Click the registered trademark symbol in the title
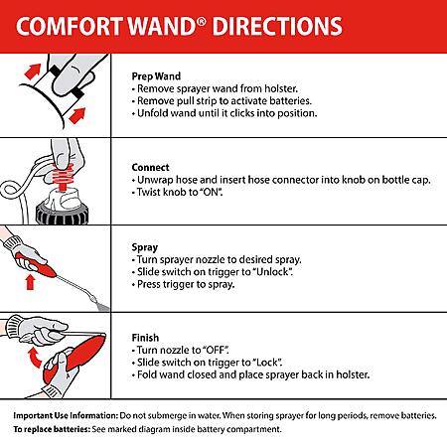(x=201, y=23)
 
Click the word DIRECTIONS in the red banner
(x=277, y=27)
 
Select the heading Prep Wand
(x=156, y=76)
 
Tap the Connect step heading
(x=150, y=168)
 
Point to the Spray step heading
(x=145, y=247)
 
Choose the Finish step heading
(x=145, y=338)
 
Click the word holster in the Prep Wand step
(x=281, y=88)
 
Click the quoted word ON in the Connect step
(x=212, y=192)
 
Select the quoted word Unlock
(x=273, y=272)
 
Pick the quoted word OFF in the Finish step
(x=216, y=350)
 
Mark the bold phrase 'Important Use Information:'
(x=66, y=415)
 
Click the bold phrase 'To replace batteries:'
(x=52, y=429)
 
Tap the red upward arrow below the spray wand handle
(x=31, y=283)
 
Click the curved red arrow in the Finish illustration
(x=34, y=358)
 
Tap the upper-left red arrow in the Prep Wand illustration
(x=33, y=72)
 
